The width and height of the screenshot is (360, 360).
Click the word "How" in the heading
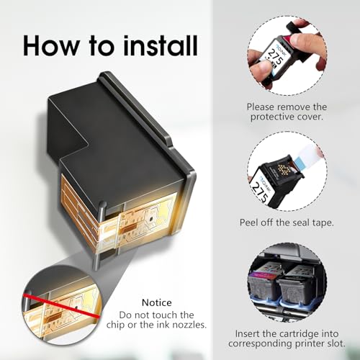click(51, 45)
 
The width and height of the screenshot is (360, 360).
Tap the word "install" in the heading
click(161, 45)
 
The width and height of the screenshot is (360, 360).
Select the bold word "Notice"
click(157, 302)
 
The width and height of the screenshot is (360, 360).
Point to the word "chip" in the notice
click(115, 325)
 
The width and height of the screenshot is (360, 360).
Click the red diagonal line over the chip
click(61, 305)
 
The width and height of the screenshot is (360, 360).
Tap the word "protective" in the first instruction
click(272, 117)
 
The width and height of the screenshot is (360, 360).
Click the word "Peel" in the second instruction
click(249, 222)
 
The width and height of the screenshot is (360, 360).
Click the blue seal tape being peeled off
click(298, 161)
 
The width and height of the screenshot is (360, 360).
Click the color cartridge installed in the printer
click(264, 285)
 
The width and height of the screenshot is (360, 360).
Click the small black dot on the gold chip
click(151, 219)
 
